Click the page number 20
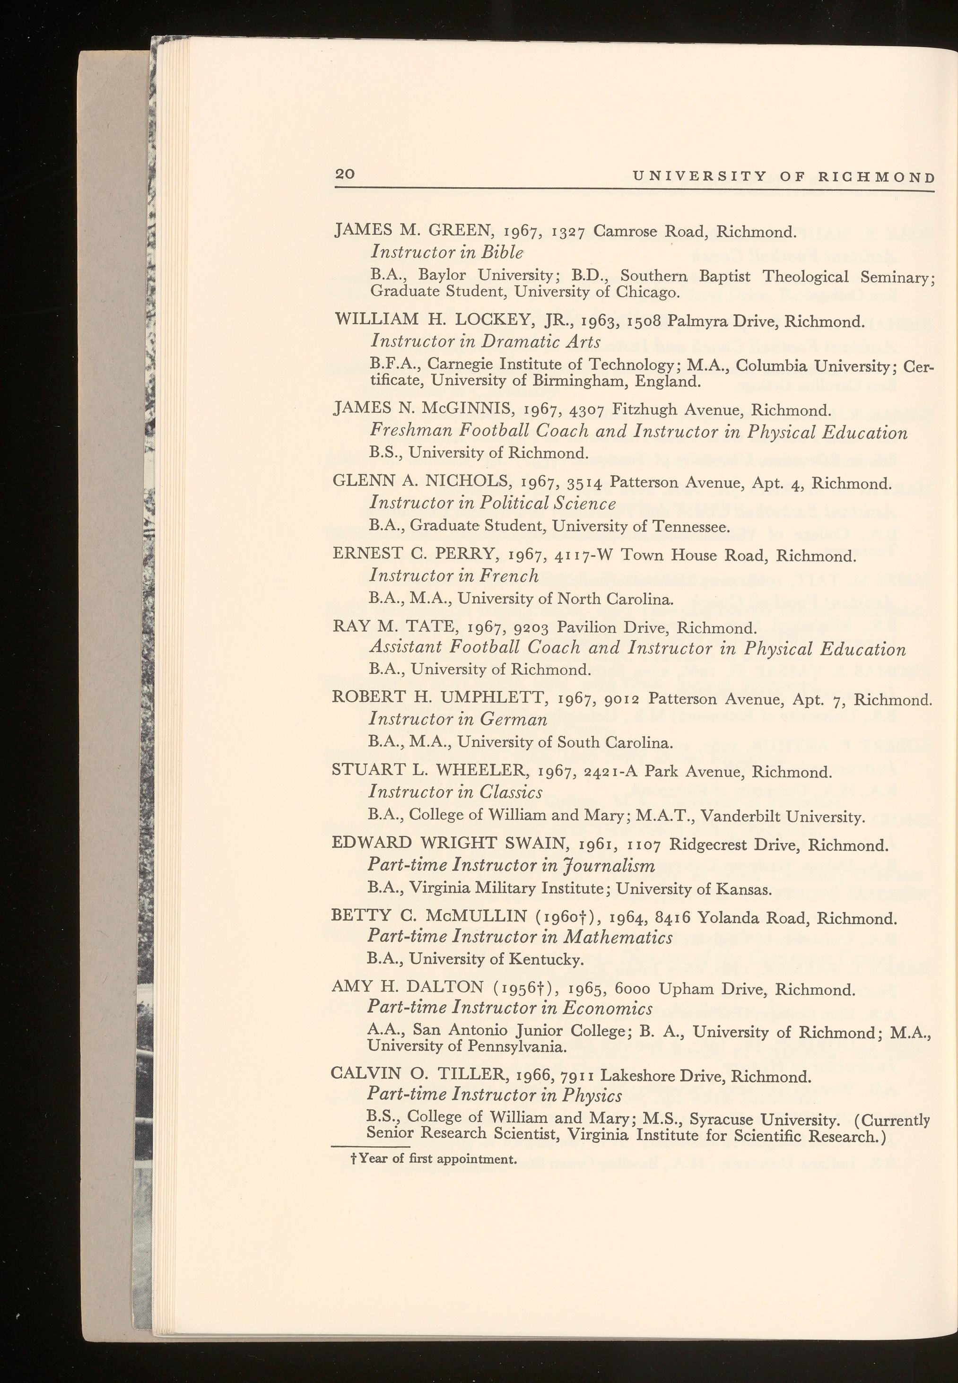346,174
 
